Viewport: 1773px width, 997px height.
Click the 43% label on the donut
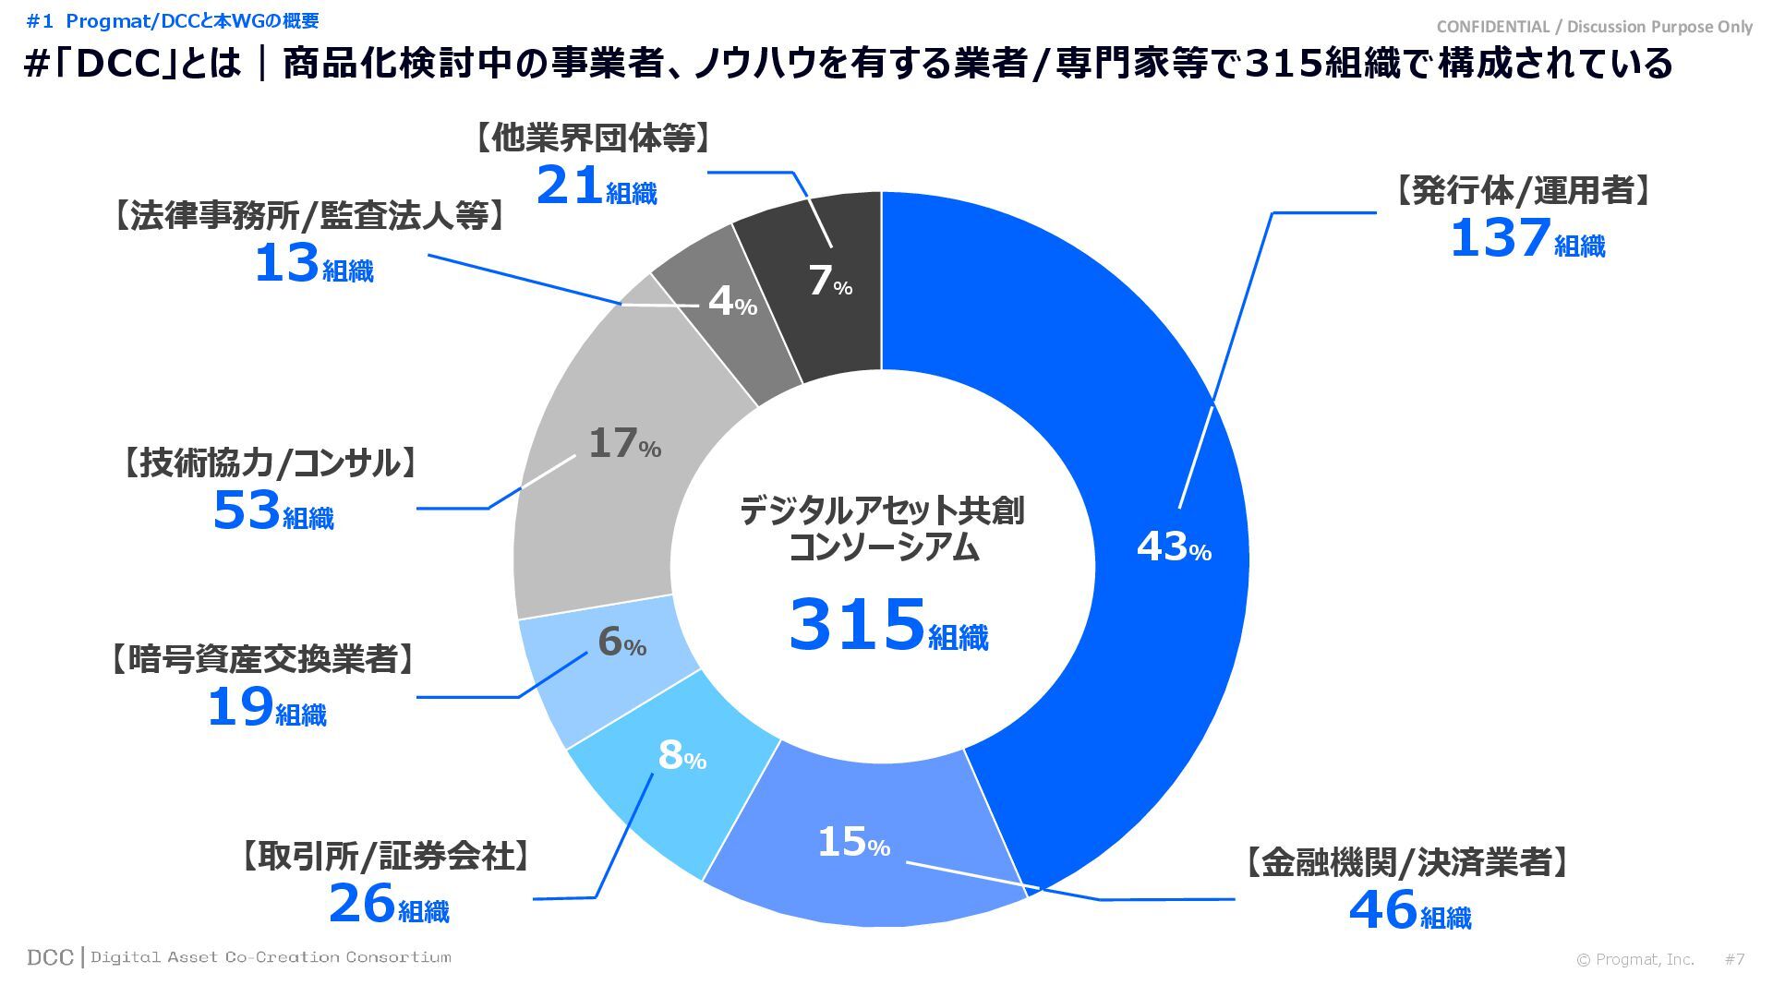(x=1173, y=547)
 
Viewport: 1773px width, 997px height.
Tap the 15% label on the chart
(x=852, y=842)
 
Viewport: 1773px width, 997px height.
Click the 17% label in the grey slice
(x=624, y=444)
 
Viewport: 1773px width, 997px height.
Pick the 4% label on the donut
(x=732, y=301)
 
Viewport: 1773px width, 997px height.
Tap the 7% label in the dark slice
(x=829, y=282)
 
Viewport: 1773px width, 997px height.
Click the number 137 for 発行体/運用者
(x=1499, y=238)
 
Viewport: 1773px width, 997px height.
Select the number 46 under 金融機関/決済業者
(x=1382, y=909)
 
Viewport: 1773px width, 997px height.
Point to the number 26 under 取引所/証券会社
(x=362, y=904)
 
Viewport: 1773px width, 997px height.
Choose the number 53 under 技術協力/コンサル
(x=247, y=511)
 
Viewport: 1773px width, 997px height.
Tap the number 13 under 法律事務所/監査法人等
(x=286, y=263)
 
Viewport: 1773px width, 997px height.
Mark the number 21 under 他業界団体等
(x=570, y=186)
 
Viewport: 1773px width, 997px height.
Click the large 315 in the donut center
(x=857, y=625)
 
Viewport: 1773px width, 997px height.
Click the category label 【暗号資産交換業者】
(x=261, y=659)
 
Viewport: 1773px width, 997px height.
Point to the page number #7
(x=1734, y=959)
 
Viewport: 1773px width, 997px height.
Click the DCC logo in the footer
(x=50, y=957)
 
